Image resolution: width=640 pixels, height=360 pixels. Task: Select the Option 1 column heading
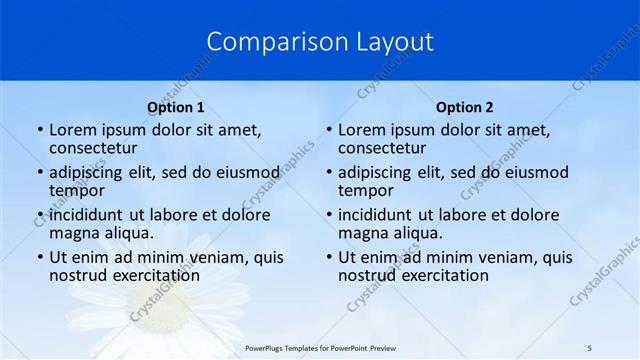176,107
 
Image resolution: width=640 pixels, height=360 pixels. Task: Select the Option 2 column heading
465,107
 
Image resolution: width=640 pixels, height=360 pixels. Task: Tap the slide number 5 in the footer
589,347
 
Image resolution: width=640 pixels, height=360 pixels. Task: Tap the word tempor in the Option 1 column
77,190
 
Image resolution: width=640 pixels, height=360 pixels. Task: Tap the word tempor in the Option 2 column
366,190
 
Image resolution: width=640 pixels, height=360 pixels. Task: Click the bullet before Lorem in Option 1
40,130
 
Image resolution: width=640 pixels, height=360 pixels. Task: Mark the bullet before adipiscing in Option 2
329,172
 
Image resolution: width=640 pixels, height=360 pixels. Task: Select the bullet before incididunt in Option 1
40,215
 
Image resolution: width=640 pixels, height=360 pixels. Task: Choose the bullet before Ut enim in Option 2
329,257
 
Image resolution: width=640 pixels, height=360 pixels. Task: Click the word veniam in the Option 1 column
214,257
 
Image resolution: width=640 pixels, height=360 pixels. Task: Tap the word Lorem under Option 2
362,129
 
